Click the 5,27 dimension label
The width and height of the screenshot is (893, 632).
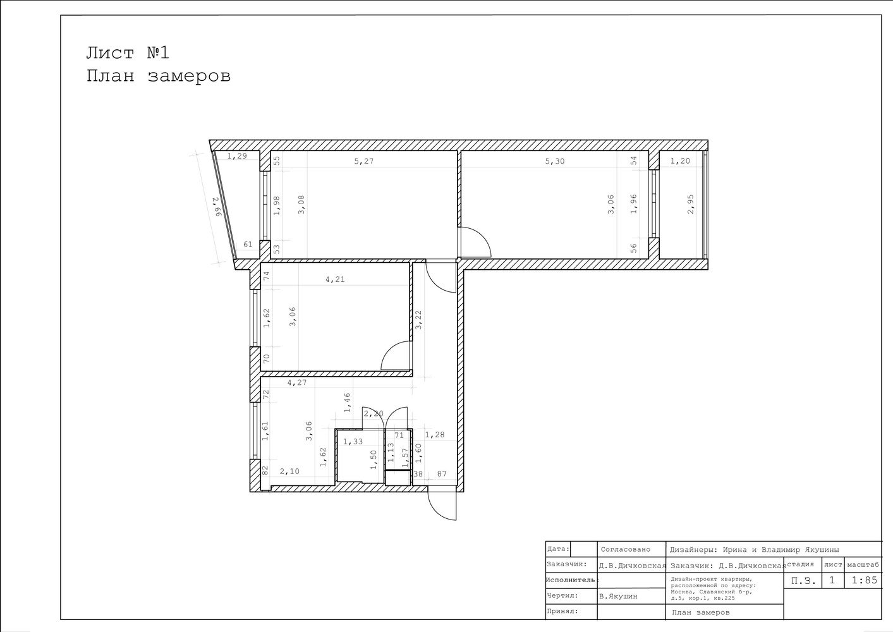pyautogui.click(x=363, y=162)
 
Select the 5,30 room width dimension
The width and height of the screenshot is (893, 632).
pyautogui.click(x=554, y=162)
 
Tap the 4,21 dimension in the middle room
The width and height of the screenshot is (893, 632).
pyautogui.click(x=335, y=279)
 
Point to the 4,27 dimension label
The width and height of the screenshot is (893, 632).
pyautogui.click(x=297, y=382)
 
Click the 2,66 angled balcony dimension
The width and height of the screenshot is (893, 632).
pyautogui.click(x=216, y=207)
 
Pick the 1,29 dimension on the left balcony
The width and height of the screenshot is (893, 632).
pyautogui.click(x=237, y=156)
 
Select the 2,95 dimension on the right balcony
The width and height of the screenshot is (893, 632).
pyautogui.click(x=691, y=204)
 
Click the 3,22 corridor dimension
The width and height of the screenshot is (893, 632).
pyautogui.click(x=418, y=320)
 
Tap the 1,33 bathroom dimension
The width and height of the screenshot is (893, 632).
pyautogui.click(x=353, y=441)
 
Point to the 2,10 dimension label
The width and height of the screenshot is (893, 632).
pyautogui.click(x=289, y=471)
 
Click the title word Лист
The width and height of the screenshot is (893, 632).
pyautogui.click(x=111, y=53)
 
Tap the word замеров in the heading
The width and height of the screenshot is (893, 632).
pyautogui.click(x=189, y=76)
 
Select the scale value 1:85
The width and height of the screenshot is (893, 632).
pyautogui.click(x=865, y=580)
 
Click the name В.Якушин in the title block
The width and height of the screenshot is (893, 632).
pyautogui.click(x=618, y=597)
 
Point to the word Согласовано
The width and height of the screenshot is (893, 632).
pyautogui.click(x=626, y=549)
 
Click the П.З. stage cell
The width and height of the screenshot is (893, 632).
pyautogui.click(x=803, y=581)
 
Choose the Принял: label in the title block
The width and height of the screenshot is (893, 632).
pyautogui.click(x=562, y=611)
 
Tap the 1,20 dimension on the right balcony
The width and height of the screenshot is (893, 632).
pyautogui.click(x=680, y=161)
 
